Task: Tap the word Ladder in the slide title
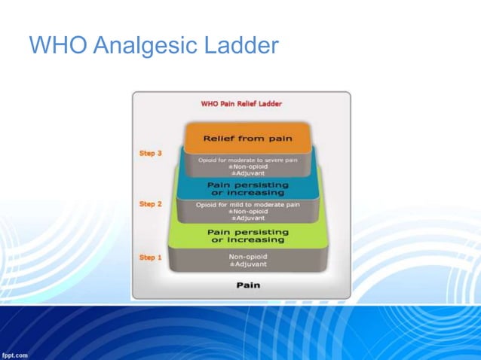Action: pyautogui.click(x=240, y=46)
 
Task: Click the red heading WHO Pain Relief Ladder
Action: pyautogui.click(x=240, y=104)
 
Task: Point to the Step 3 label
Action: pyautogui.click(x=151, y=153)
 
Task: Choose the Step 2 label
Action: pyautogui.click(x=151, y=203)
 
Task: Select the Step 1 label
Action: pyautogui.click(x=151, y=258)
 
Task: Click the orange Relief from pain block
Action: pyautogui.click(x=247, y=139)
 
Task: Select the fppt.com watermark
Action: pyautogui.click(x=15, y=354)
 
